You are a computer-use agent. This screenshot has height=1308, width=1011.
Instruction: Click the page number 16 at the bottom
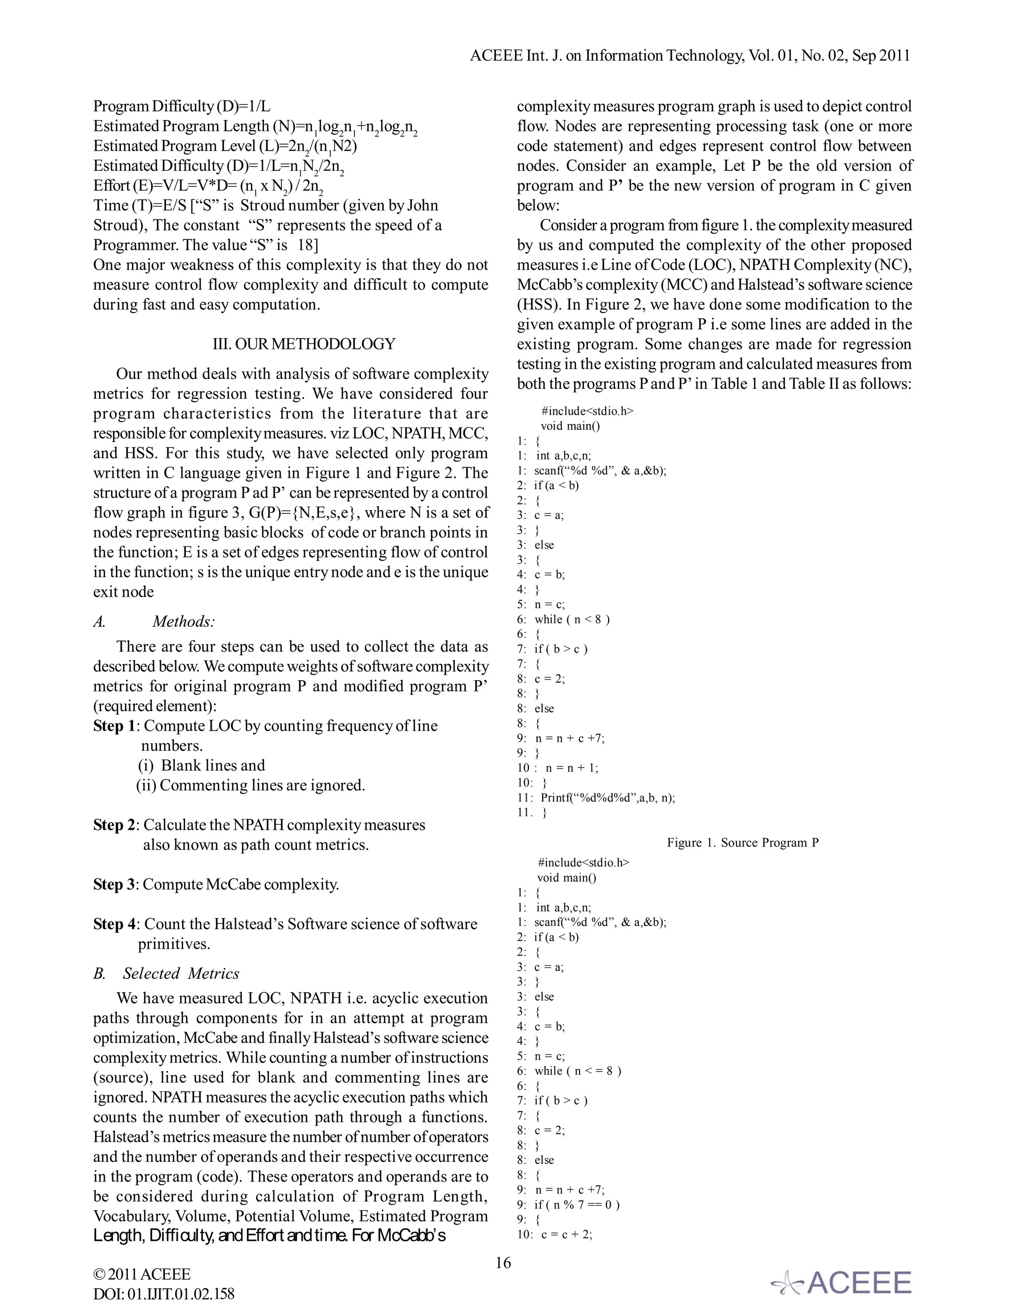coord(503,1263)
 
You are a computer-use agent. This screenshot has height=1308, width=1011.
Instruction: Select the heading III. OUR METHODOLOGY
coord(304,344)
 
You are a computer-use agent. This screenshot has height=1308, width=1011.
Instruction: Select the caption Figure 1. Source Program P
coord(742,843)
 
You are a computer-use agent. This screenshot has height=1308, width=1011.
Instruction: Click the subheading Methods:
coord(183,621)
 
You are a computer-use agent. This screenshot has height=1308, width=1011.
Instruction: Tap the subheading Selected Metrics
coord(181,974)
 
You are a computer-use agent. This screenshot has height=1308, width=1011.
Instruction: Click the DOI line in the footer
coord(163,1294)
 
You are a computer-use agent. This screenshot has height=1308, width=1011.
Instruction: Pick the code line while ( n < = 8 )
coord(578,1071)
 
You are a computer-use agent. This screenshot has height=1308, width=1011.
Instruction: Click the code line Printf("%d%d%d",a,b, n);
coord(607,798)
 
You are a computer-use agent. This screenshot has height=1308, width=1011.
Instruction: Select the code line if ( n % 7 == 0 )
coord(576,1204)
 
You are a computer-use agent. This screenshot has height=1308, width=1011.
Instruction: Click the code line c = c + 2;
coord(567,1234)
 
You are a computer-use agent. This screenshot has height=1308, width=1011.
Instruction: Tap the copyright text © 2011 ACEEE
coord(142,1274)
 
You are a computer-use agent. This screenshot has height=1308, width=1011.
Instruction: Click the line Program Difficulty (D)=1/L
coord(182,107)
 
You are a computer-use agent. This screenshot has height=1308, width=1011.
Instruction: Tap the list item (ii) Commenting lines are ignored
coord(250,785)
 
